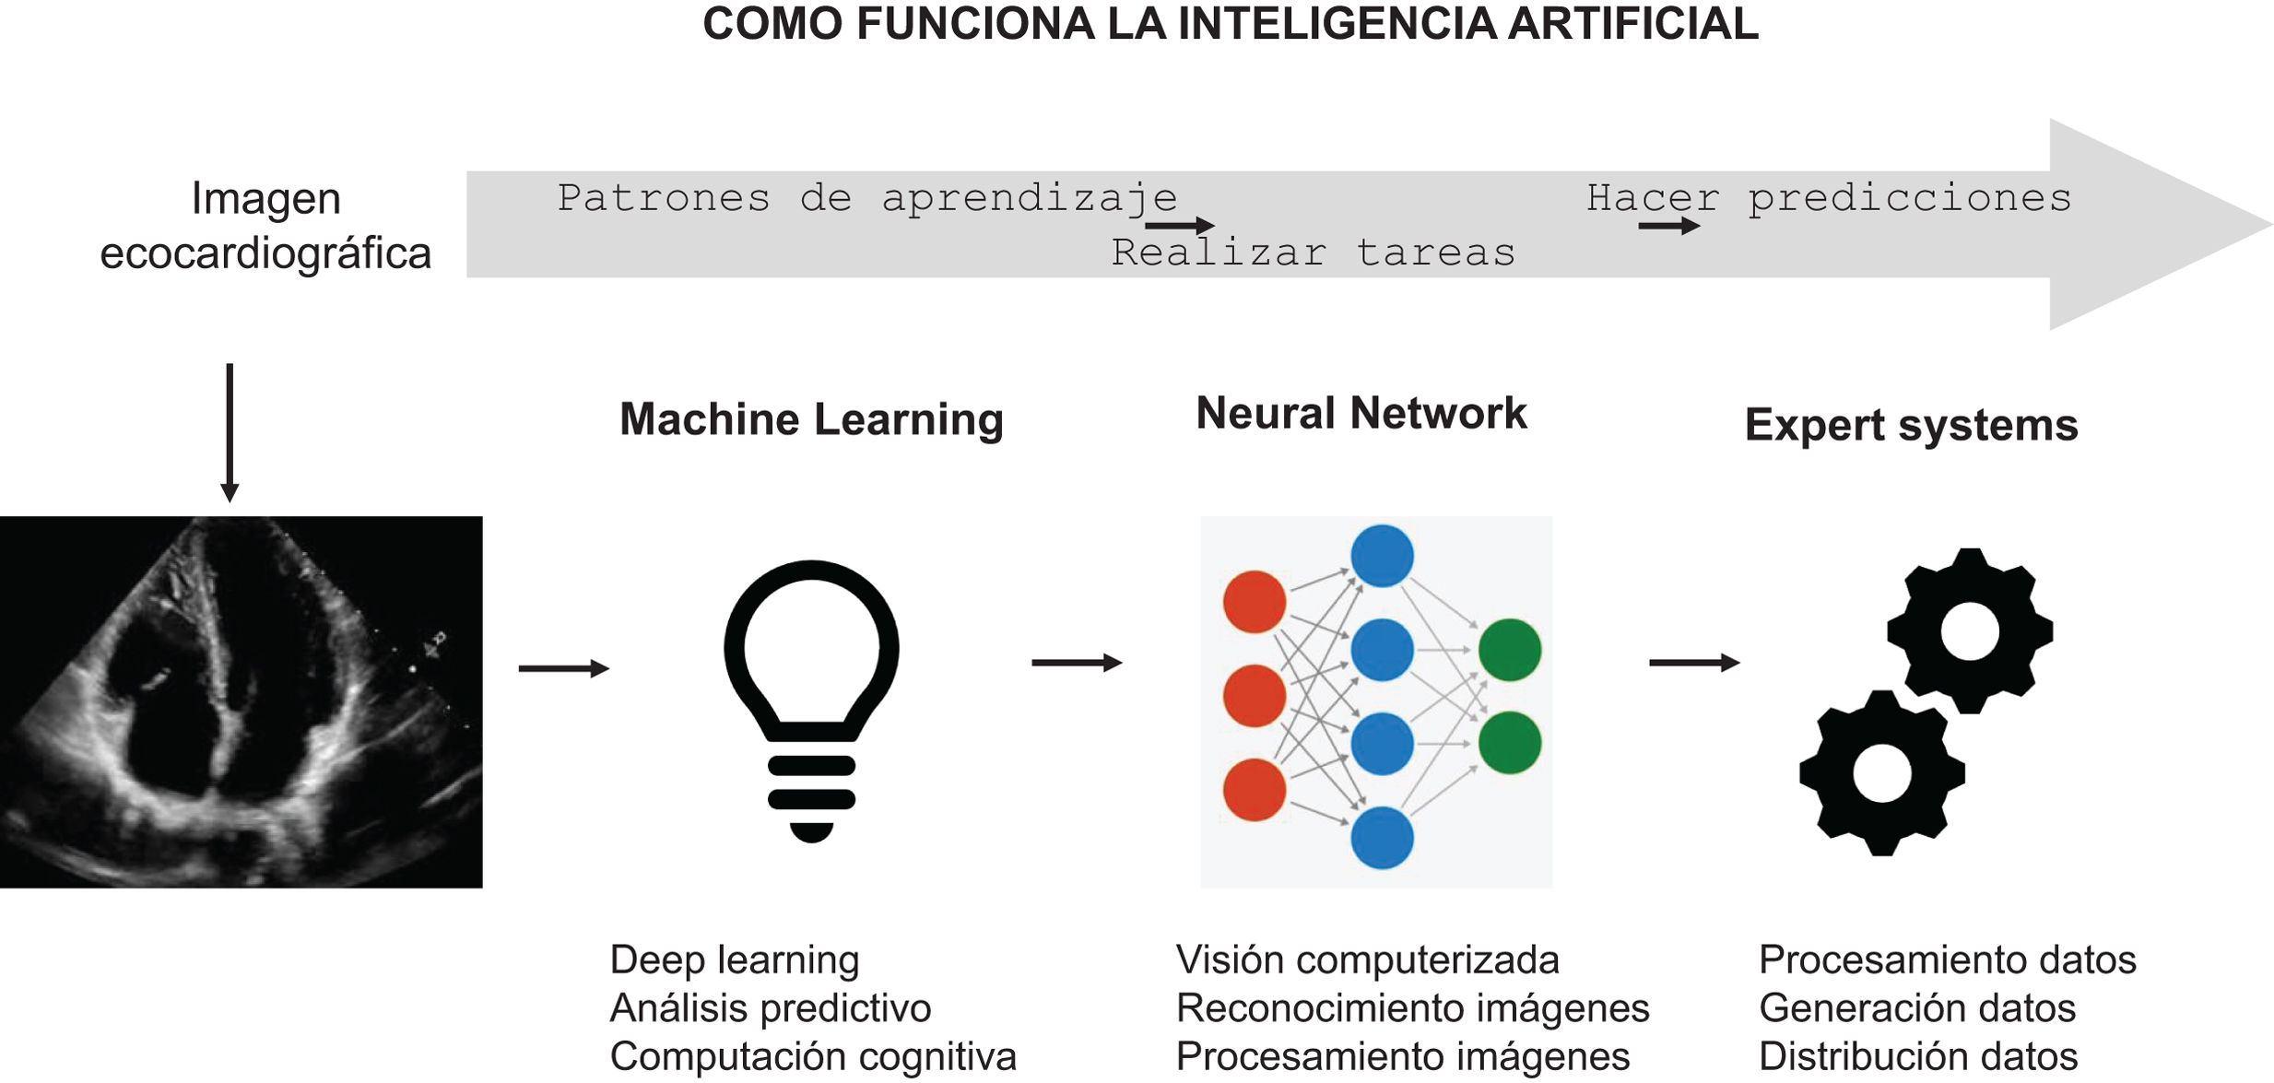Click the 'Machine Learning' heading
(811, 420)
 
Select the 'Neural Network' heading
(1361, 414)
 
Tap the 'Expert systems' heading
(1911, 426)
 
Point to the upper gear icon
(1970, 631)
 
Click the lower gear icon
(1882, 772)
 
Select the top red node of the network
(1254, 602)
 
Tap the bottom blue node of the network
(1382, 837)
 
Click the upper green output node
(1509, 650)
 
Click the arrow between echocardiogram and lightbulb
(563, 668)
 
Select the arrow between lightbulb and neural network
(1076, 663)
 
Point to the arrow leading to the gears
(1693, 663)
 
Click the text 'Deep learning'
(735, 960)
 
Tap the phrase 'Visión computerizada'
(1367, 960)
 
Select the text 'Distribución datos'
(1917, 1056)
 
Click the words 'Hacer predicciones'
(1829, 198)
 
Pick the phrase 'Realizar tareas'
(1313, 253)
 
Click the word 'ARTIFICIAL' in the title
(1632, 24)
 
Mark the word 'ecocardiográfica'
(265, 253)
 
